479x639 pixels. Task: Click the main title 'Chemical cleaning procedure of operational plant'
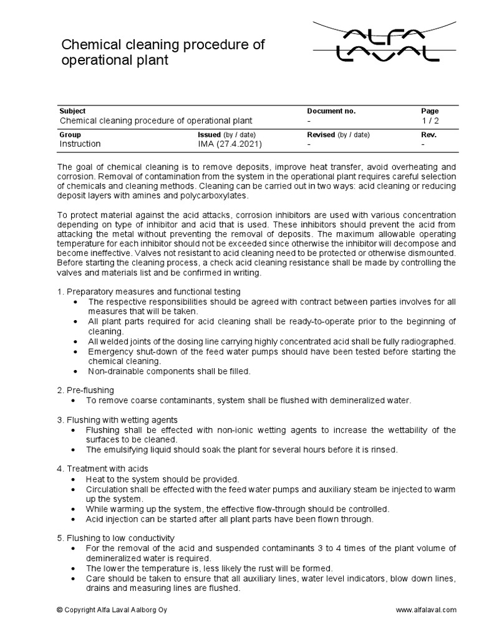click(x=162, y=53)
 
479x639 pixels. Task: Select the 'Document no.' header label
click(x=331, y=110)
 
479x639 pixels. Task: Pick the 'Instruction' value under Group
click(x=80, y=144)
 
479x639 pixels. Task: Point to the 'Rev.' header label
click(x=429, y=134)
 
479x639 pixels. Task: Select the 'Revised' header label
click(x=321, y=134)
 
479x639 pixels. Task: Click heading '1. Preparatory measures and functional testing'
click(x=148, y=292)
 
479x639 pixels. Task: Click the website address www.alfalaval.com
click(x=426, y=610)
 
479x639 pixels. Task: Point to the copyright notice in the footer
click(x=115, y=610)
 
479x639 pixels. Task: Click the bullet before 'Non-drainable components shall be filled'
click(x=75, y=371)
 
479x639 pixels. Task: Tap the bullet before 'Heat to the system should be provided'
click(x=75, y=479)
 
